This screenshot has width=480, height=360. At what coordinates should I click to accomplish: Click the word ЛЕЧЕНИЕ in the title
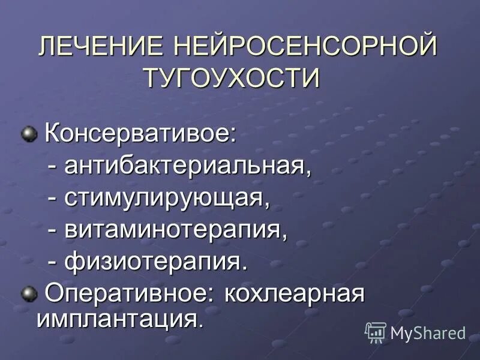pos(101,47)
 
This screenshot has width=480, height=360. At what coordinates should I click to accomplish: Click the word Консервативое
pos(138,134)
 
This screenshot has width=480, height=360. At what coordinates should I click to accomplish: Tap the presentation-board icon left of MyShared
pos(375,332)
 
